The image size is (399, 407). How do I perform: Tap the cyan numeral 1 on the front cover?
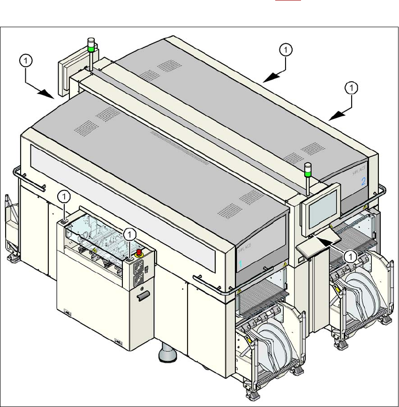click(x=241, y=264)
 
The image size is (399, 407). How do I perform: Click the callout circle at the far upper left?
click(x=27, y=60)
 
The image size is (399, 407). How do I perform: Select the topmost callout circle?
click(x=286, y=49)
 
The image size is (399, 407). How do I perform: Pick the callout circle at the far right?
click(x=351, y=87)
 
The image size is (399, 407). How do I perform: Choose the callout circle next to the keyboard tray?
click(x=349, y=256)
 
